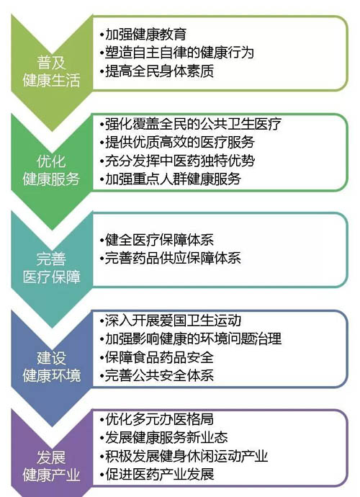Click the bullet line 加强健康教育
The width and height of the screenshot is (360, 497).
143,35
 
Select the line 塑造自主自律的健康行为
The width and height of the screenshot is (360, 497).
177,53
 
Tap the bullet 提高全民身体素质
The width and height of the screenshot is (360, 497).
157,71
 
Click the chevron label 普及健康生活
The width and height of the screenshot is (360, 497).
51,71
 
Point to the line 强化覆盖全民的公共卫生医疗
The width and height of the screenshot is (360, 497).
191,124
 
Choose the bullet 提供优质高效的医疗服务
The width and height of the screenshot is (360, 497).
177,142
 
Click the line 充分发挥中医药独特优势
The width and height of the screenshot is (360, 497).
177,161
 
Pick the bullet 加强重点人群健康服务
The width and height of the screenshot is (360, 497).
170,179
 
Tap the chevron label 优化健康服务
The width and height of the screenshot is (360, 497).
51,170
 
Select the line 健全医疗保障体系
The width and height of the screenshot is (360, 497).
157,240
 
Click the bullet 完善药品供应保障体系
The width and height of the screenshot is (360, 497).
170,258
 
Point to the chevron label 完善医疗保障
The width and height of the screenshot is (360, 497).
51,268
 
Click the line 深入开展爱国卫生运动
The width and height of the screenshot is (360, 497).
170,321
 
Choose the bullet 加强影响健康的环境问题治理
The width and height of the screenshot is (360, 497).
191,339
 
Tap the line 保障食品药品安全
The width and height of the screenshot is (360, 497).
157,357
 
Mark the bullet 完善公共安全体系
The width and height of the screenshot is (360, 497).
157,375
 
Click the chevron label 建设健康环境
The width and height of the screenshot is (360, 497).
52,367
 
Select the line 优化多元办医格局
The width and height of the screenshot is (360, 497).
157,419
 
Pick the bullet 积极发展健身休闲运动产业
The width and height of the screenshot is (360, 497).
184,456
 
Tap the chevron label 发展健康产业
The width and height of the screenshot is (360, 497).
51,466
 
